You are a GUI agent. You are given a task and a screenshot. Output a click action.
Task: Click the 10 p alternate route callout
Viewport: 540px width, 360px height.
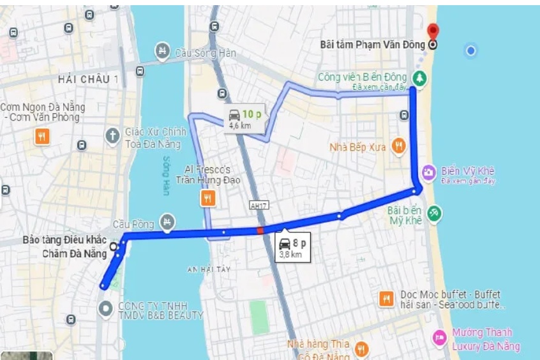[244, 118]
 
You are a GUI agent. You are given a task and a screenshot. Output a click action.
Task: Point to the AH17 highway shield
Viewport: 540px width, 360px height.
[258, 206]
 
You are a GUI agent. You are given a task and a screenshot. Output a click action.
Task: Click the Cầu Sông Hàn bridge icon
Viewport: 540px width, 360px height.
[163, 50]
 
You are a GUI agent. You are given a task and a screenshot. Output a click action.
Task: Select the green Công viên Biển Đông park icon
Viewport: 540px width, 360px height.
[419, 78]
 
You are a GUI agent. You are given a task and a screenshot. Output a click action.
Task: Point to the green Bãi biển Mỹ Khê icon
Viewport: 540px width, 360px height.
[434, 212]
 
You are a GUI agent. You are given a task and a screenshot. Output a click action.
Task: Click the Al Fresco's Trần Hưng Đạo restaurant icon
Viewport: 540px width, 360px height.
[207, 199]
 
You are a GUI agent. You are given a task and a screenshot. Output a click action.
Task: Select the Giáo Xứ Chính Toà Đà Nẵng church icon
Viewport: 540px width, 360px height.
[113, 135]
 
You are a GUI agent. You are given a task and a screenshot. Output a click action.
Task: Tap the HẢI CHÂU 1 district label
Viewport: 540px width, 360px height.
[88, 79]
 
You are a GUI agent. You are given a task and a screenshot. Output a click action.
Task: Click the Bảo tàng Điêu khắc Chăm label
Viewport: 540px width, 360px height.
[64, 246]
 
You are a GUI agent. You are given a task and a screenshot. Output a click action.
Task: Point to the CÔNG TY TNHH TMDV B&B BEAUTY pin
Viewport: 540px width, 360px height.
[105, 309]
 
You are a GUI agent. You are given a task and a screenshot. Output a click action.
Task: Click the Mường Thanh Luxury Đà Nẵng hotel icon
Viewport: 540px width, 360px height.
[439, 337]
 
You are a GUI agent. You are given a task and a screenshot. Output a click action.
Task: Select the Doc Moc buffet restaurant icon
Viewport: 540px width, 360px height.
[386, 298]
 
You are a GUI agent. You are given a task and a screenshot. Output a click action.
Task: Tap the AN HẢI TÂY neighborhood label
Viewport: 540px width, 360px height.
[208, 270]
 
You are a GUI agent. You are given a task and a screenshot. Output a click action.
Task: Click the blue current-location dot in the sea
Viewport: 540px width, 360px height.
[471, 50]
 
